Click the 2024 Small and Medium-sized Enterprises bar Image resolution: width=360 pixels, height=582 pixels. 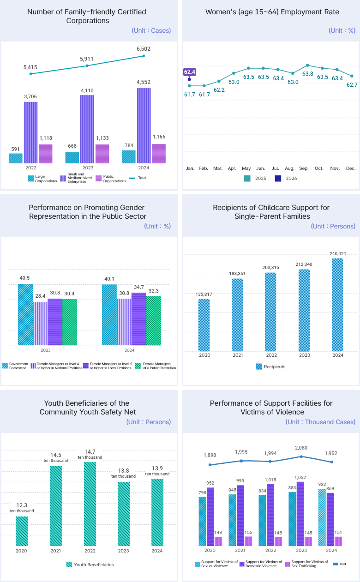144,125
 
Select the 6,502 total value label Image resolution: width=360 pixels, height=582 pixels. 144,48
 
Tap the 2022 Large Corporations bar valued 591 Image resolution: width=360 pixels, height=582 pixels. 16,158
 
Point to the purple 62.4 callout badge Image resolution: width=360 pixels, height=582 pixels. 190,72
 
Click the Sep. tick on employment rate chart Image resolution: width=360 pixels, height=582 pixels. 304,168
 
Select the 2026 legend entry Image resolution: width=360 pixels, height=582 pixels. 286,179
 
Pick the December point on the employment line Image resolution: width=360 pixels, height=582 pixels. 352,76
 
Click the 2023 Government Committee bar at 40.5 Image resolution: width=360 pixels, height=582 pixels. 25,314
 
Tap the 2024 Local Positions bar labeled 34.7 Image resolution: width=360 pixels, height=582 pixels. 138,318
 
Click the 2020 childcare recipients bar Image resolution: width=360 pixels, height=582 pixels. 204,325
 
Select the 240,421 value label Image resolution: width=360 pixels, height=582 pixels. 338,253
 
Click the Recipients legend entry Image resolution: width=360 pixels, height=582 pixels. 271,367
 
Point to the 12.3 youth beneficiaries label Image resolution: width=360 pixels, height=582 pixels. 21,505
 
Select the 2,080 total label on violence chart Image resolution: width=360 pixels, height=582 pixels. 301,448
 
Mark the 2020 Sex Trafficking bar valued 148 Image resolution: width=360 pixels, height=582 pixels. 218,541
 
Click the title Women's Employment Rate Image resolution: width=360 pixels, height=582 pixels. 272,12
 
